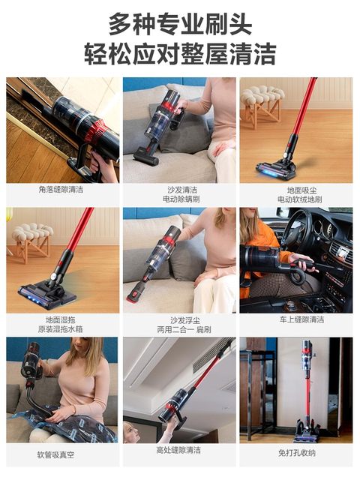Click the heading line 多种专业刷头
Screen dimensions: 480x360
coord(180,23)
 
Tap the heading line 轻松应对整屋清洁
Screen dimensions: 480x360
coord(180,53)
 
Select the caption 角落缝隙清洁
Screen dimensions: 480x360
coord(61,190)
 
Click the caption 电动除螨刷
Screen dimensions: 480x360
coord(179,200)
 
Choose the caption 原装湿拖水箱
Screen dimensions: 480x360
coord(61,329)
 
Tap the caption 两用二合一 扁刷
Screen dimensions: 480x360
coord(179,329)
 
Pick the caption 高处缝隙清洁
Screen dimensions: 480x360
coord(179,450)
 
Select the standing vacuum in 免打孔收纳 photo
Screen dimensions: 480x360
coord(307,390)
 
